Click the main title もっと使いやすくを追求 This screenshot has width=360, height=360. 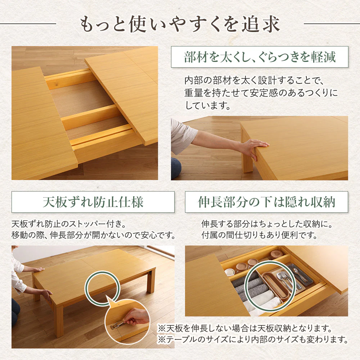tap(180, 24)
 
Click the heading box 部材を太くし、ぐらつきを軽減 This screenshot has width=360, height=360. tap(260, 57)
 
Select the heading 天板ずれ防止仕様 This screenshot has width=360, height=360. tap(93, 202)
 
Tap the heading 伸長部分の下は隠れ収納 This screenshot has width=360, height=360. tap(266, 202)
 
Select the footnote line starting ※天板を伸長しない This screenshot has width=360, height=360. tap(245, 328)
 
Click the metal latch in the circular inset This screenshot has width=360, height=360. tap(117, 325)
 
